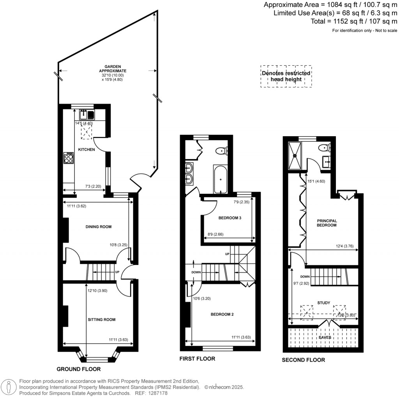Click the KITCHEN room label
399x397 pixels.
tap(86, 149)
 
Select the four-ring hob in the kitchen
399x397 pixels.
tap(68, 158)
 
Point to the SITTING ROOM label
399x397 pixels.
tap(101, 320)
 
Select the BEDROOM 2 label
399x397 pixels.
tap(222, 314)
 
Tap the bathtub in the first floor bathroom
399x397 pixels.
tap(221, 179)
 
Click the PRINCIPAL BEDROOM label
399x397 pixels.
tap(326, 223)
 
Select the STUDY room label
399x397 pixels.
tap(324, 303)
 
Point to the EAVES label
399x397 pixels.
tap(325, 337)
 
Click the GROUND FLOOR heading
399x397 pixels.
tap(79, 369)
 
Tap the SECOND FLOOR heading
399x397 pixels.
tap(303, 360)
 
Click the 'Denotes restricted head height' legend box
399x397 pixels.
tap(286, 76)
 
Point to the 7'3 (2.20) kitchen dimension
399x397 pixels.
tap(93, 186)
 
